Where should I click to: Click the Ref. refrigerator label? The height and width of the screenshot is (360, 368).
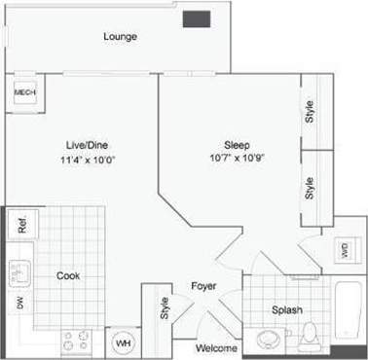click(x=21, y=227)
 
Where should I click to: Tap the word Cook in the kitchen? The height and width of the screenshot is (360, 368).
click(x=67, y=275)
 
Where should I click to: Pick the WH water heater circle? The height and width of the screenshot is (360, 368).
click(x=124, y=343)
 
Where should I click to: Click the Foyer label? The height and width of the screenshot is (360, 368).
click(x=202, y=286)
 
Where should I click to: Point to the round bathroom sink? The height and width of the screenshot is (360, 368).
click(x=269, y=338)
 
